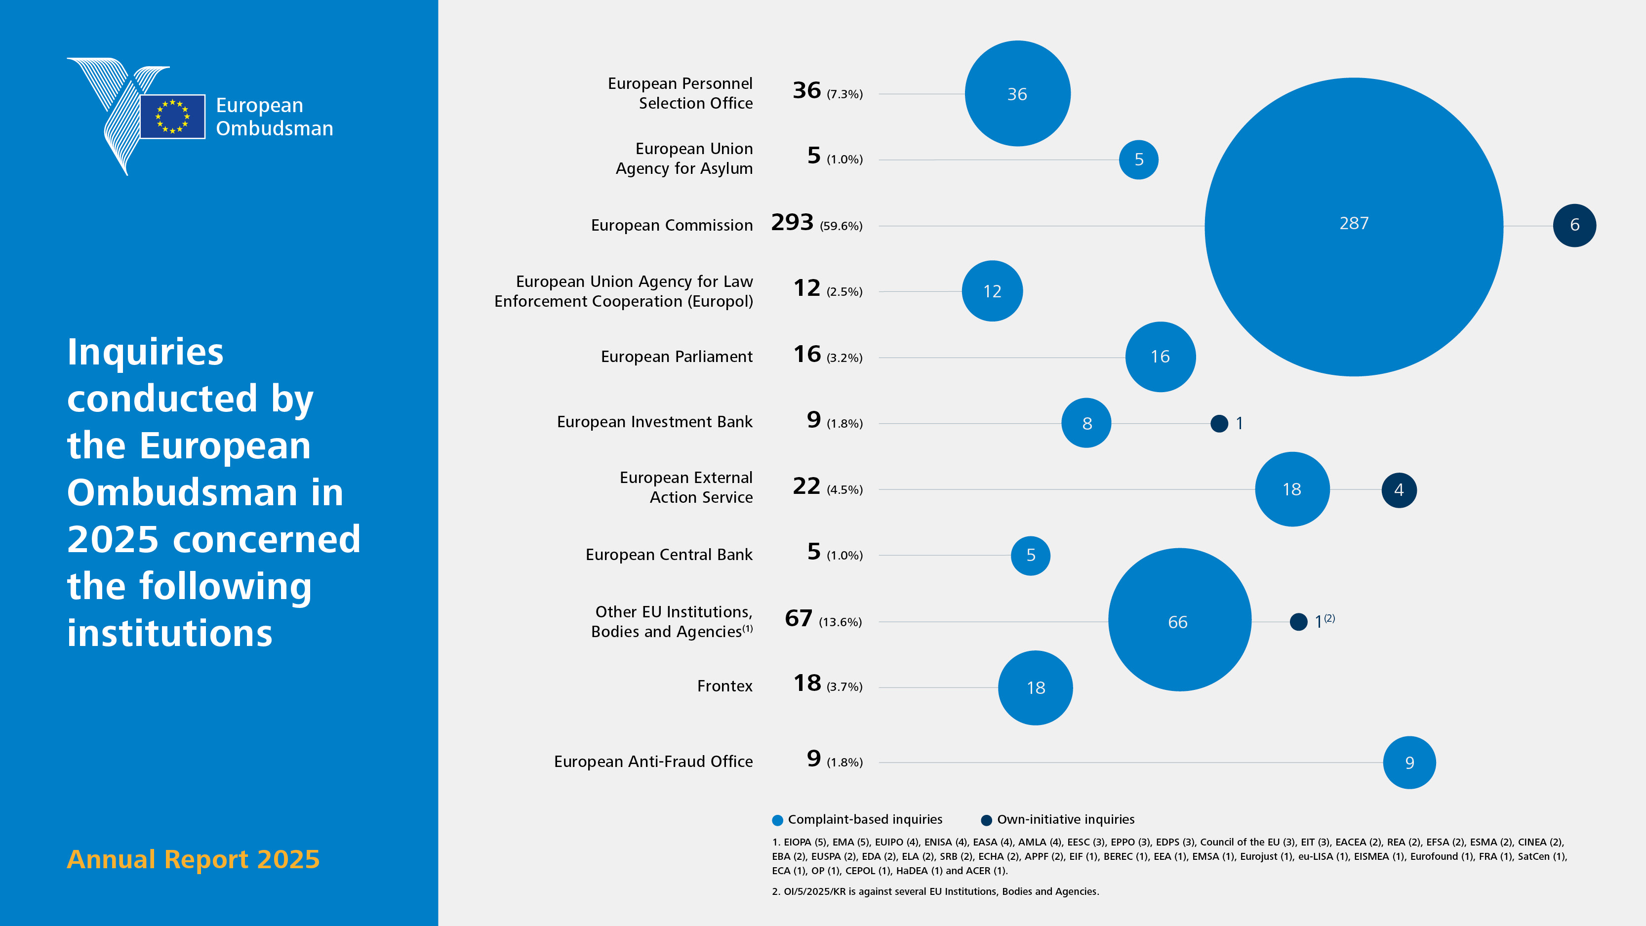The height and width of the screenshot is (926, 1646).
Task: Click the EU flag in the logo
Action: (x=172, y=117)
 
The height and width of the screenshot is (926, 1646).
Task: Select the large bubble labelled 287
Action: (x=1354, y=227)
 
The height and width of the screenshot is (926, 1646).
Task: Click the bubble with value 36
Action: (x=1017, y=93)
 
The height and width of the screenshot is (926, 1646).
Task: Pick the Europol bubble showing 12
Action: (x=992, y=291)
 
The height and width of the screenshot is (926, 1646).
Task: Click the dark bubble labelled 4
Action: (x=1399, y=490)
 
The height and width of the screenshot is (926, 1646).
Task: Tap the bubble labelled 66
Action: (x=1179, y=619)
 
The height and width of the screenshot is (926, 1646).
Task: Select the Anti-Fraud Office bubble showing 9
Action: (x=1409, y=763)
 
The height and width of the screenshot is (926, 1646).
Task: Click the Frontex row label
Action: (x=724, y=685)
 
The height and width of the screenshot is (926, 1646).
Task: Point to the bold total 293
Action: (x=792, y=222)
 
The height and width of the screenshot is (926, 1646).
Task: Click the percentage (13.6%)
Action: (x=840, y=622)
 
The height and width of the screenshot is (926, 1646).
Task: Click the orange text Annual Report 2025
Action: (x=193, y=859)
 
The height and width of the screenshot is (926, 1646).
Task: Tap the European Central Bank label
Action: (x=669, y=555)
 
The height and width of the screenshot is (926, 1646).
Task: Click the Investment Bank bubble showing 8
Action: (x=1086, y=423)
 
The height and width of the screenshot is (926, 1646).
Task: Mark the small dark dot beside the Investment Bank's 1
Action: (x=1219, y=423)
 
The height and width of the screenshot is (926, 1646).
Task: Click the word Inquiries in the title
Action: (x=146, y=352)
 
